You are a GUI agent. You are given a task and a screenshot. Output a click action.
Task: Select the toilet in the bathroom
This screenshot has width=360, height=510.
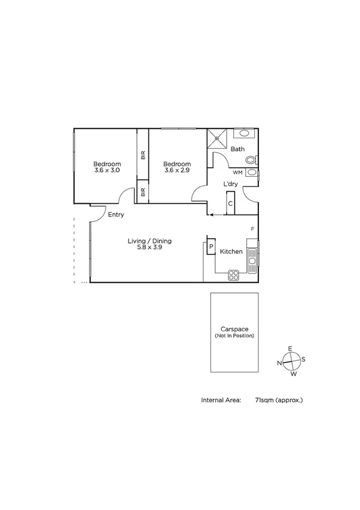[x=252, y=160]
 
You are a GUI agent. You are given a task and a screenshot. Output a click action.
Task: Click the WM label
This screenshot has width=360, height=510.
[x=237, y=173]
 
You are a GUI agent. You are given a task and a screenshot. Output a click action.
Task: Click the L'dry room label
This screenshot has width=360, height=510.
[x=230, y=184]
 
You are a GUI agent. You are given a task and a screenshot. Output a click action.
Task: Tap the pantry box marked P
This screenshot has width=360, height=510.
[x=211, y=247]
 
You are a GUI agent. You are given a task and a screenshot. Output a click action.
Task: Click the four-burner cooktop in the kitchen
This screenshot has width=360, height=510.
[x=233, y=275]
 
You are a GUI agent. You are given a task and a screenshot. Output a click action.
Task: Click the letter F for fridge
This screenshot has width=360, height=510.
[x=252, y=229]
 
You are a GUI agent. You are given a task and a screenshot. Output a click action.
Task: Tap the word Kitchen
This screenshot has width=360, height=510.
[x=231, y=251]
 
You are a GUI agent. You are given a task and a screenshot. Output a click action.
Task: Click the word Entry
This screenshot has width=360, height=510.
[x=116, y=214]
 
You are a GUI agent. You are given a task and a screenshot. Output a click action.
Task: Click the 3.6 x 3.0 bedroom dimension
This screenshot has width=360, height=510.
[x=108, y=171]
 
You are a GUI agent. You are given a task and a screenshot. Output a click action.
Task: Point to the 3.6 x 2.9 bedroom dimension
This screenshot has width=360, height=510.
[x=177, y=171]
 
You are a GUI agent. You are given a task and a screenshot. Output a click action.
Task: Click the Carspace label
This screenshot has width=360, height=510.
[x=234, y=329]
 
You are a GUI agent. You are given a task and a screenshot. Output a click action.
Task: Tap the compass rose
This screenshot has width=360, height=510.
[x=291, y=361]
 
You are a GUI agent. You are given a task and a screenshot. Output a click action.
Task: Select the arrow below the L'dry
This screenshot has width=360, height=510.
[x=211, y=214]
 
